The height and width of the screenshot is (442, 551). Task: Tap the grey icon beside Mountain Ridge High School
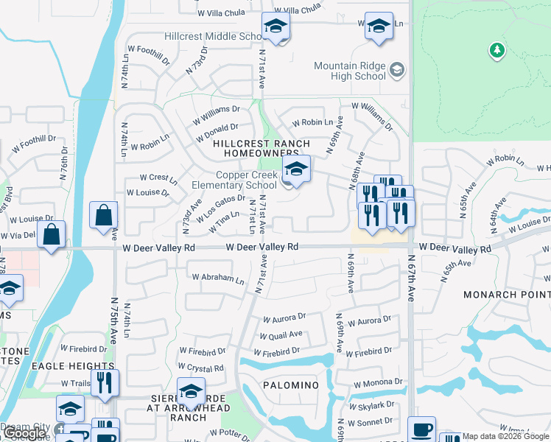pyautogui.click(x=397, y=70)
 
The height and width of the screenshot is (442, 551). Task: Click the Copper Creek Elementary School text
pyautogui.click(x=246, y=180)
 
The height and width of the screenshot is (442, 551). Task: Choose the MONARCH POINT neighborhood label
pyautogui.click(x=507, y=295)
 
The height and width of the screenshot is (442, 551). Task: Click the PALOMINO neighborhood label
pyautogui.click(x=288, y=385)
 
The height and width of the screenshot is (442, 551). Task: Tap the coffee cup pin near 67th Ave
pyautogui.click(x=421, y=429)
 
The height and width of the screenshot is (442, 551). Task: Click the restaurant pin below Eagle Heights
pyautogui.click(x=105, y=382)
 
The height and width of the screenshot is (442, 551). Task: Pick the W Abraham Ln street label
pyautogui.click(x=218, y=279)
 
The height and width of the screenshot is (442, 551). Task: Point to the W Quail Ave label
pyautogui.click(x=280, y=334)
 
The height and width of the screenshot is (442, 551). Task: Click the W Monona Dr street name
pyautogui.click(x=378, y=384)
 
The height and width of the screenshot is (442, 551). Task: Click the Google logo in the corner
pyautogui.click(x=25, y=433)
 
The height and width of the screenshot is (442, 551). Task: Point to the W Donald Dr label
pyautogui.click(x=218, y=132)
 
